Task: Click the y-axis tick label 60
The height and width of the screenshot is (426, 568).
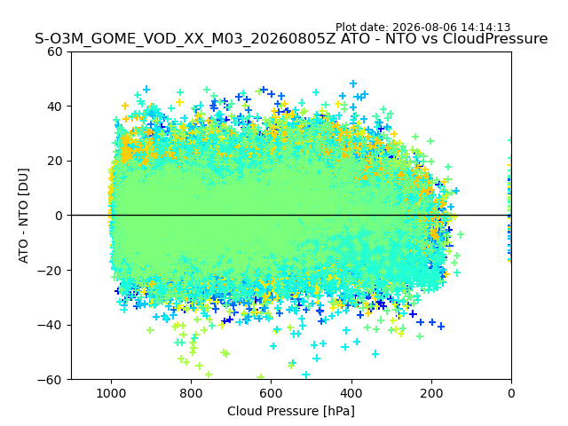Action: tap(54, 52)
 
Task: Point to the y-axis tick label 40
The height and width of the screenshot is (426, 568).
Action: tap(54, 106)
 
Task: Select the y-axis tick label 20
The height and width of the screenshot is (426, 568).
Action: tap(54, 162)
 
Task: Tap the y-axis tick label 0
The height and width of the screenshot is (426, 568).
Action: tap(59, 216)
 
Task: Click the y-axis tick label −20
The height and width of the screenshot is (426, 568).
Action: tap(50, 271)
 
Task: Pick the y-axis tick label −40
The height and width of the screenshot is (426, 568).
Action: tap(50, 325)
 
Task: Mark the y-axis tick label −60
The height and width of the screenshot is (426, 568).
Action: tap(50, 380)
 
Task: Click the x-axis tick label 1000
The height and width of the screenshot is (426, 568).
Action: tap(111, 393)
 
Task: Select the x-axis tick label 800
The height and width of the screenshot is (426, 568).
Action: tap(192, 393)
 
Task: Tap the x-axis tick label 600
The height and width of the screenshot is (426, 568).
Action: tap(272, 393)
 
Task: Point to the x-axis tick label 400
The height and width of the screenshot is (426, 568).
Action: tap(351, 393)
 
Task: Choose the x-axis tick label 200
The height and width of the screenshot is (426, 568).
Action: tap(431, 393)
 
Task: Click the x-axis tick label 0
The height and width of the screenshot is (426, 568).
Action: tap(511, 393)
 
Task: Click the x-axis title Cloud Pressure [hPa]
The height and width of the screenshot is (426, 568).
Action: tap(291, 412)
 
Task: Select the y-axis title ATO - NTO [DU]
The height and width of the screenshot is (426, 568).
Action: tap(23, 216)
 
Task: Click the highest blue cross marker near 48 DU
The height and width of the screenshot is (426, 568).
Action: tap(353, 84)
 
